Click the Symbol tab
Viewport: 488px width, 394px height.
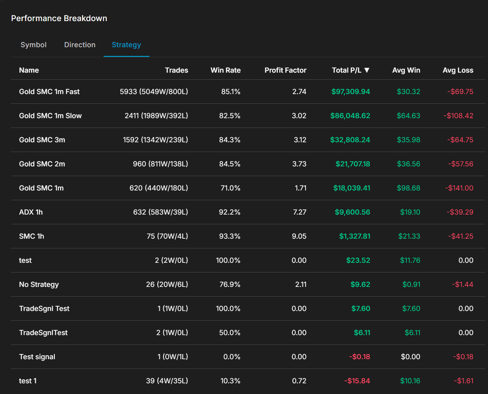click(x=33, y=45)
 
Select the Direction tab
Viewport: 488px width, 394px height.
click(x=80, y=45)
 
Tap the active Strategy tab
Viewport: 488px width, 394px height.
click(x=126, y=45)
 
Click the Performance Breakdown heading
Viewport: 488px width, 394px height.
click(x=59, y=18)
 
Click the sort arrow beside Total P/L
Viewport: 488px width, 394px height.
click(x=367, y=70)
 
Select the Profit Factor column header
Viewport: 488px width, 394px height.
click(x=285, y=70)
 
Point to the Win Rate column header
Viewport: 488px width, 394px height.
click(x=225, y=70)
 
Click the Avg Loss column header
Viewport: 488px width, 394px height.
click(x=458, y=70)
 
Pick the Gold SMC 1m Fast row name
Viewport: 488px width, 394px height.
click(x=49, y=92)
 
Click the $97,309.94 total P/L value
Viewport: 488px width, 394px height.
click(x=351, y=92)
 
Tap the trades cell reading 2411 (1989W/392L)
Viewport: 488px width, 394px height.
click(x=156, y=116)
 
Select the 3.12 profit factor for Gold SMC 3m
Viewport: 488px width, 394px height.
click(x=300, y=140)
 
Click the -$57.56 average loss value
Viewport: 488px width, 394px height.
click(x=461, y=164)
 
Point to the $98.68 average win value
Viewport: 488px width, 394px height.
click(x=408, y=188)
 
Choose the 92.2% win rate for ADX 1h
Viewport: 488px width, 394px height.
click(x=229, y=212)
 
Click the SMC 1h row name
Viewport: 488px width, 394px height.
click(x=31, y=236)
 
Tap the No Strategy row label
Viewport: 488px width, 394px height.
click(x=39, y=285)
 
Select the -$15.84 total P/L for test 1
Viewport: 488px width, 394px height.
click(x=357, y=381)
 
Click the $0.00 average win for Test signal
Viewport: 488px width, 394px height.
click(x=410, y=357)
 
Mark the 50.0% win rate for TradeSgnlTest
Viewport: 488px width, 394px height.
click(x=229, y=333)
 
